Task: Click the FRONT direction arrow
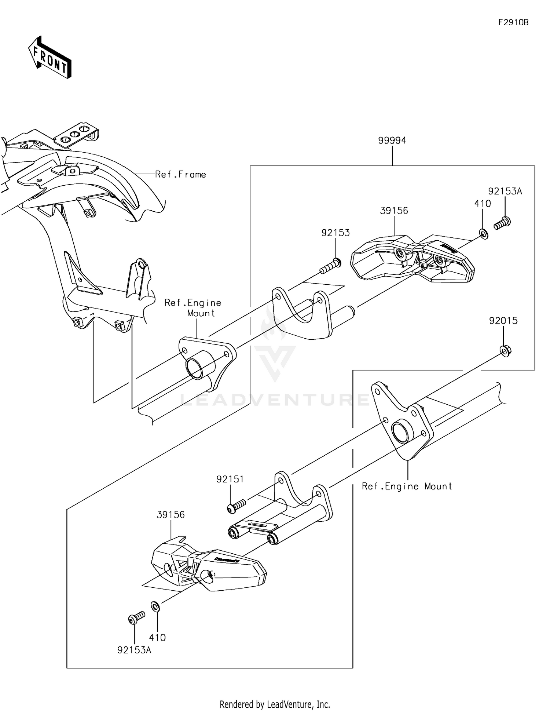tap(50, 58)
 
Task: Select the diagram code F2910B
tap(513, 22)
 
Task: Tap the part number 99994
tap(392, 141)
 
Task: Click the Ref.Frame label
tap(180, 175)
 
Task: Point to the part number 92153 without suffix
tap(335, 233)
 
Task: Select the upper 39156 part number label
tap(394, 211)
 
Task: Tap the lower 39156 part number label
tap(170, 515)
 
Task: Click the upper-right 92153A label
tap(505, 191)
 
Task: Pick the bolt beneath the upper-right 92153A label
tap(503, 223)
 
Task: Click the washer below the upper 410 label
tap(484, 233)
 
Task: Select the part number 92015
tap(503, 321)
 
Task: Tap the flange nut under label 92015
tap(506, 351)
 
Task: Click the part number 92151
tap(230, 479)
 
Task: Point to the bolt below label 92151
tap(236, 507)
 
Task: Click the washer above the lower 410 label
tap(155, 606)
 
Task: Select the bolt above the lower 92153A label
tap(137, 618)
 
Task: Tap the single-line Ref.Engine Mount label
tap(407, 486)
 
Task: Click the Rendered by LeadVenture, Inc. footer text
tap(275, 704)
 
